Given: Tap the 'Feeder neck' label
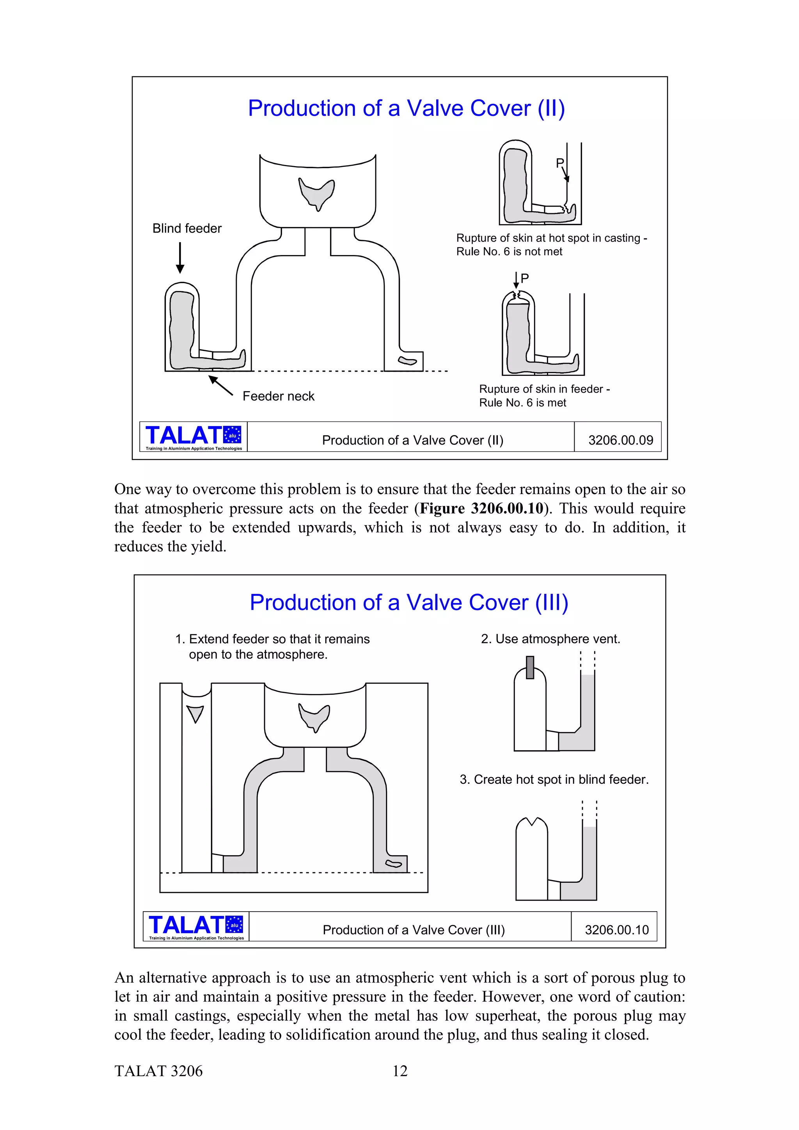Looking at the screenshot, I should tap(278, 396).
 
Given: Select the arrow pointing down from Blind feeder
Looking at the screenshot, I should tap(180, 257).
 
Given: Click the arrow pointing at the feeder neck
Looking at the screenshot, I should tap(220, 385).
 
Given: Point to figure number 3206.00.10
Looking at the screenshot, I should tap(616, 930).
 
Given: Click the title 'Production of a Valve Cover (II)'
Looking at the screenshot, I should tap(406, 108).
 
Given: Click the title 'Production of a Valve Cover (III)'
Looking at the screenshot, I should tap(408, 602).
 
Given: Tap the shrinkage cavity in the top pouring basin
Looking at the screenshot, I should tap(316, 193).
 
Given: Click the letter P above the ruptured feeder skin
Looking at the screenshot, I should tap(525, 278).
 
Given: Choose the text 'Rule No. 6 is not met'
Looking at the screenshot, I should tap(509, 252).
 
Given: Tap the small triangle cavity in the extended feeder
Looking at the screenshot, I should tap(195, 713).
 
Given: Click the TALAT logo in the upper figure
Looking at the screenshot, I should tap(194, 437).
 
